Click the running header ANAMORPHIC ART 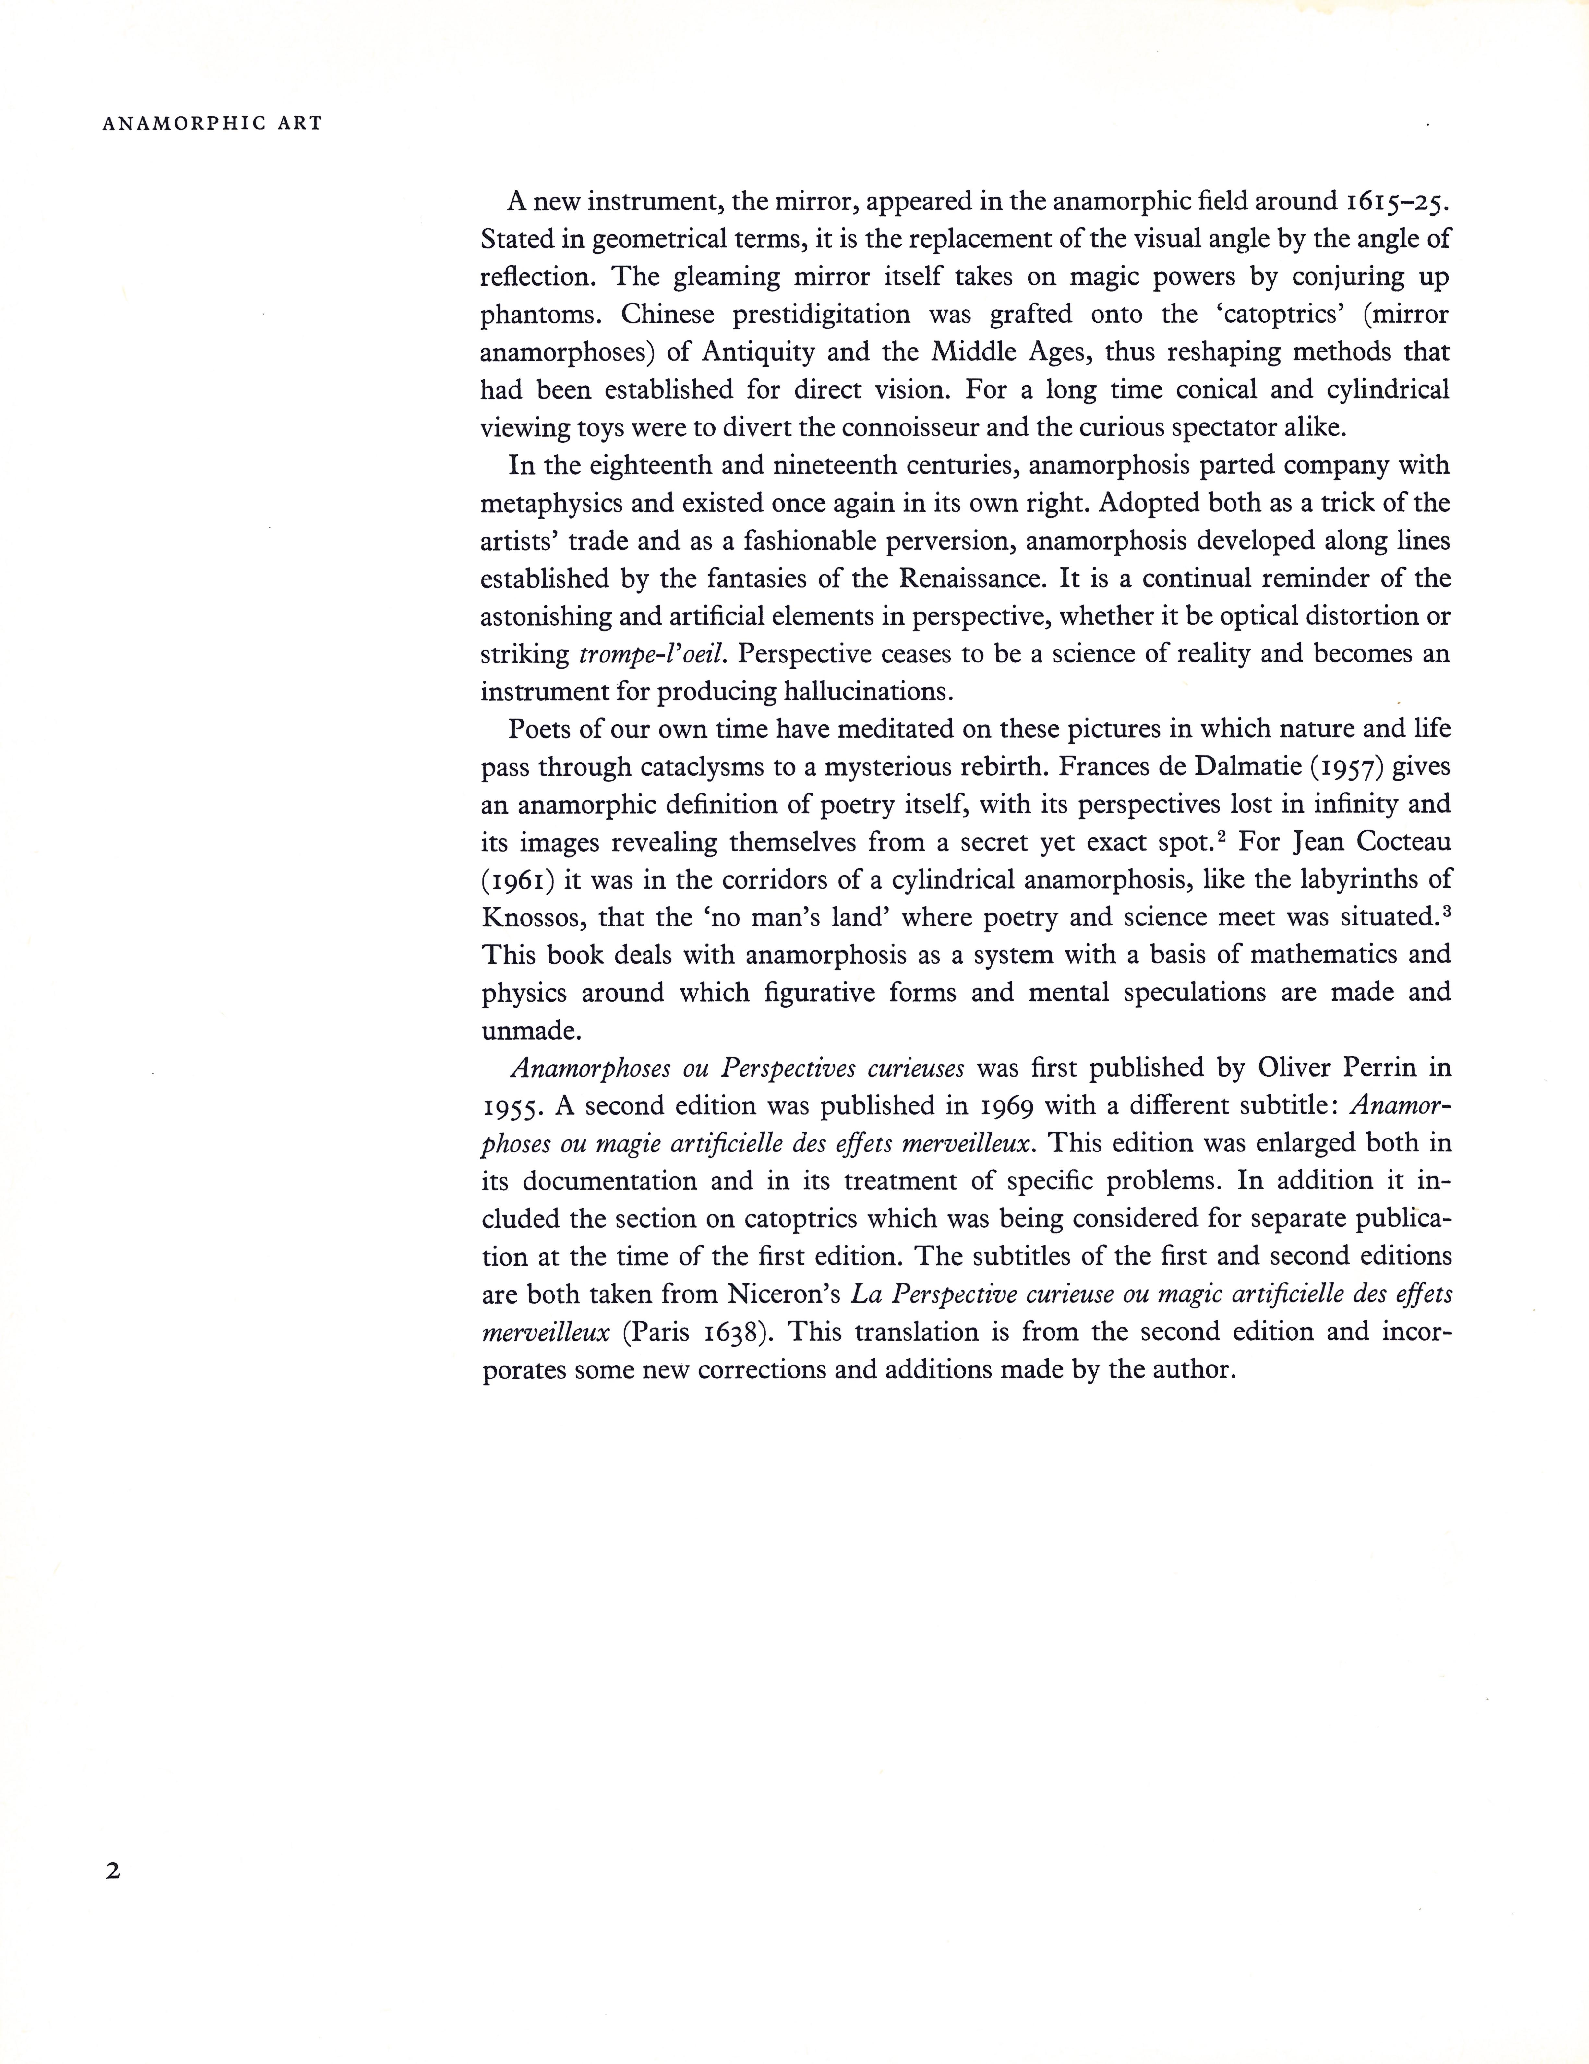click(212, 124)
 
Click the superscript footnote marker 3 click(1445, 910)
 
